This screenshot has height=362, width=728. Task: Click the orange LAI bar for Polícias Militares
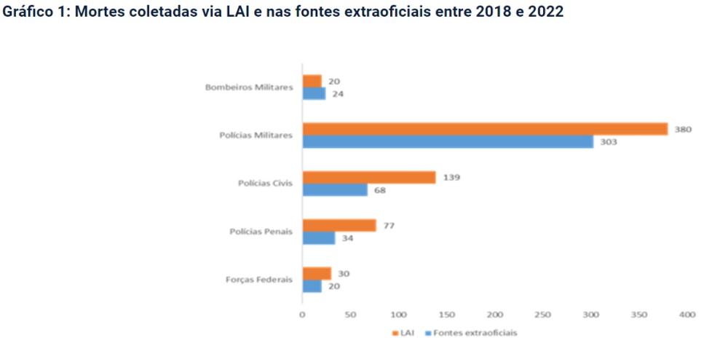[485, 129]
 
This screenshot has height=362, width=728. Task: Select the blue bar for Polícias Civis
[334, 190]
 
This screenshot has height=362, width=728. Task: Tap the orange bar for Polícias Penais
[339, 225]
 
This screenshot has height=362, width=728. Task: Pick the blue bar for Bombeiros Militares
[314, 93]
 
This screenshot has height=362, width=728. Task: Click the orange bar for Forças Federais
[316, 273]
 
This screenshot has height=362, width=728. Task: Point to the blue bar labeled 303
[448, 141]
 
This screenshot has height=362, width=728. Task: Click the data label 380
[682, 129]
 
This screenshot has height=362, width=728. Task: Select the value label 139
[451, 177]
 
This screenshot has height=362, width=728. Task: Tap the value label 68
[379, 190]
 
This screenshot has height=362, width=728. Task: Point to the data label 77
[389, 225]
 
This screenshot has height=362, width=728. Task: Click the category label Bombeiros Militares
[248, 87]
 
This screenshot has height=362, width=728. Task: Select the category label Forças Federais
[259, 280]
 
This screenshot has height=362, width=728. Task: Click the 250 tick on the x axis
[542, 315]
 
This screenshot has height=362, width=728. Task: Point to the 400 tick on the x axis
[687, 315]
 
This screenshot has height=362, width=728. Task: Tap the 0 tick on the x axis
[302, 315]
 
